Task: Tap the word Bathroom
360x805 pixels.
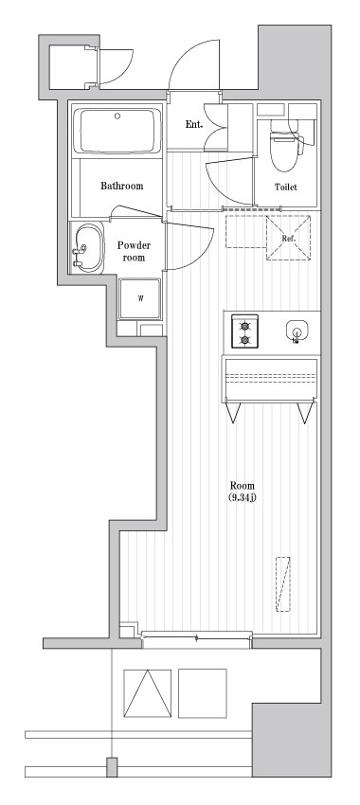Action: pyautogui.click(x=122, y=186)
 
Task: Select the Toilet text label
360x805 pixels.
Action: pyautogui.click(x=285, y=187)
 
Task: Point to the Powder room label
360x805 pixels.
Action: pyautogui.click(x=133, y=251)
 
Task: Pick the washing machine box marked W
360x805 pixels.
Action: pyautogui.click(x=140, y=298)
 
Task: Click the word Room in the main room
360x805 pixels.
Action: pyautogui.click(x=242, y=485)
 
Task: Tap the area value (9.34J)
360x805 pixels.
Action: pyautogui.click(x=243, y=498)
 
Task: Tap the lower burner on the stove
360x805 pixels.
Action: pyautogui.click(x=244, y=340)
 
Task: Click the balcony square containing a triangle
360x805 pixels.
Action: pyautogui.click(x=147, y=693)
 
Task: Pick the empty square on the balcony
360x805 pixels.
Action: pyautogui.click(x=203, y=693)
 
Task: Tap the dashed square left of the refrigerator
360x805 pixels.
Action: pyautogui.click(x=244, y=232)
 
